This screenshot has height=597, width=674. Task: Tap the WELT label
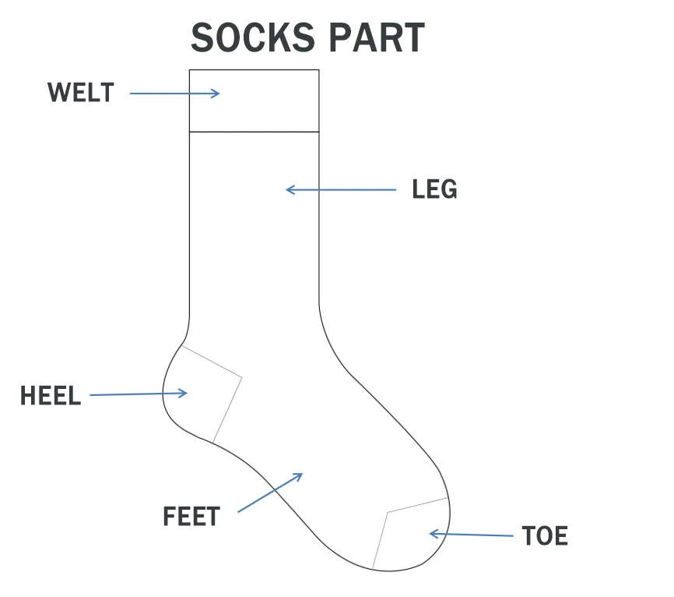coord(80,93)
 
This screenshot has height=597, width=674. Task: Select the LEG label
coord(434,189)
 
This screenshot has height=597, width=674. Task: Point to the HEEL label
coord(51,396)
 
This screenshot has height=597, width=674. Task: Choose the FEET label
coord(191,517)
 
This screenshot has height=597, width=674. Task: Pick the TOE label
coord(545,536)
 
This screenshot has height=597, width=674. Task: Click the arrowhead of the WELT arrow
coord(217,94)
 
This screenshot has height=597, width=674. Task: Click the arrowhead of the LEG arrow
coord(289,189)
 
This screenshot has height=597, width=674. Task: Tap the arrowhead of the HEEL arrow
coord(184,393)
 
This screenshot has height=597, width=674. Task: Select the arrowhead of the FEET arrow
coord(300,475)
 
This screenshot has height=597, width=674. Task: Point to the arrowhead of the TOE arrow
coord(433,534)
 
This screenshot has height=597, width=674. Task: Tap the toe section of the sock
coord(412,534)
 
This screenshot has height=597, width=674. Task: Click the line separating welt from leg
coord(255,132)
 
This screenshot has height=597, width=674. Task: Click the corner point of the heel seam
coord(242,378)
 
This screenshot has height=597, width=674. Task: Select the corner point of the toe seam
coord(388,513)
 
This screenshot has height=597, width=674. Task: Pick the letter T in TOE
coord(528,536)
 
